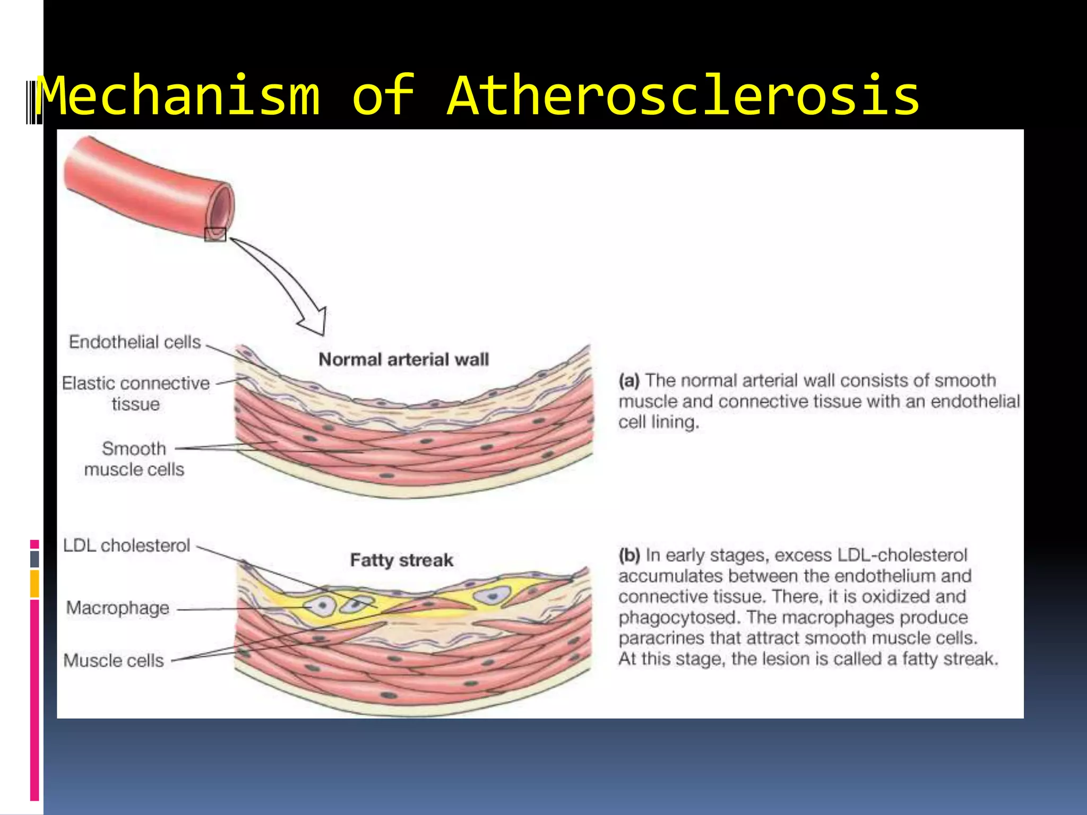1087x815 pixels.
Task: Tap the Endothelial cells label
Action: pyautogui.click(x=135, y=342)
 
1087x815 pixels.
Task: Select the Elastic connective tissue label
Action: pyautogui.click(x=136, y=393)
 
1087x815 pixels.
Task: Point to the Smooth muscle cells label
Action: pyautogui.click(x=134, y=459)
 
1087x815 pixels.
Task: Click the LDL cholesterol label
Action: pyautogui.click(x=126, y=545)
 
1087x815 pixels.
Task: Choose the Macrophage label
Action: pyautogui.click(x=118, y=608)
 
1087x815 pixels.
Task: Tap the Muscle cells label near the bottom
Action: pyautogui.click(x=114, y=661)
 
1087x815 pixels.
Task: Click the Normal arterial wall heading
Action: pyautogui.click(x=403, y=360)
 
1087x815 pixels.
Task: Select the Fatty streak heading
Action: pyautogui.click(x=402, y=560)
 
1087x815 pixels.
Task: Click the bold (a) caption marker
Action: pyautogui.click(x=629, y=381)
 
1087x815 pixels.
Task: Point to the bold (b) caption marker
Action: pyautogui.click(x=629, y=556)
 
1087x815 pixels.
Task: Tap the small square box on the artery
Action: pyautogui.click(x=215, y=235)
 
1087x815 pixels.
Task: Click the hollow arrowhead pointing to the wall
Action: pyautogui.click(x=314, y=322)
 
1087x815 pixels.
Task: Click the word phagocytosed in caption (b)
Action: pyautogui.click(x=677, y=618)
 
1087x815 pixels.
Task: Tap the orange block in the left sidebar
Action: pyautogui.click(x=34, y=584)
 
